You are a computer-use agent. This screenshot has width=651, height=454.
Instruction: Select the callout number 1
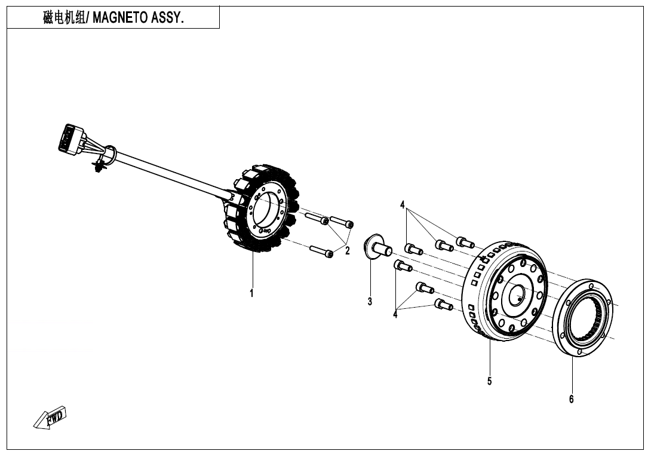click(x=251, y=293)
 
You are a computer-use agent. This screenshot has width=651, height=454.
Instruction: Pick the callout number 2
click(x=348, y=251)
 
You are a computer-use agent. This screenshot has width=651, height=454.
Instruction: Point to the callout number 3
click(x=370, y=302)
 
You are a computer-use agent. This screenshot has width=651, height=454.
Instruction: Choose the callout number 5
click(x=489, y=381)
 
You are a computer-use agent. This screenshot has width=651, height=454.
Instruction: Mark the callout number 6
click(x=571, y=399)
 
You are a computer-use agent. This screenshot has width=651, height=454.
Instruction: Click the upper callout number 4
click(x=403, y=205)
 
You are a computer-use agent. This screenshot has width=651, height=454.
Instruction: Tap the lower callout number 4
click(x=395, y=315)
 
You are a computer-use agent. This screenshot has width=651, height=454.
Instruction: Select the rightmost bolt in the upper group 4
click(x=465, y=242)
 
